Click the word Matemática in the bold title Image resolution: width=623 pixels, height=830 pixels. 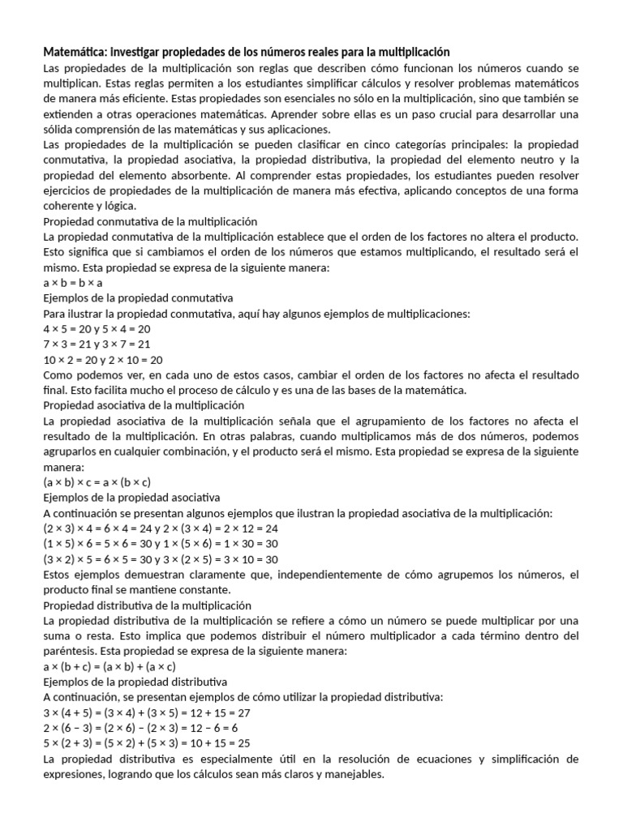pos(74,51)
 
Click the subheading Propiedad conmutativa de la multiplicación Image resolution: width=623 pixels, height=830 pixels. pos(150,221)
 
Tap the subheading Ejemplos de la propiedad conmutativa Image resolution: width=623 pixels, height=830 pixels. pos(138,298)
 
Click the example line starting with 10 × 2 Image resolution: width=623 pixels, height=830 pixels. pos(103,360)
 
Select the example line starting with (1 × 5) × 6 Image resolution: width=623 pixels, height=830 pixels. pos(160,544)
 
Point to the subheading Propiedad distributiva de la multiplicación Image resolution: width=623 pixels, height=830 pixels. pos(147,605)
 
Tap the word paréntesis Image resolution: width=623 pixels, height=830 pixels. pos(71,652)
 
